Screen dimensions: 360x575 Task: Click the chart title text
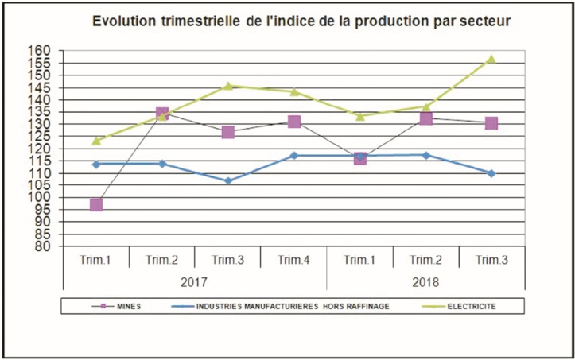tap(301, 21)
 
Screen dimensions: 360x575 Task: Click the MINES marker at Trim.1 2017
tap(96, 205)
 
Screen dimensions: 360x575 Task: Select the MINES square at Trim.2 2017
tap(162, 114)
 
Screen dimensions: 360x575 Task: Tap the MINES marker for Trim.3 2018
tap(491, 123)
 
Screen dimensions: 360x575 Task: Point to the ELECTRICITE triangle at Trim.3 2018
tap(491, 60)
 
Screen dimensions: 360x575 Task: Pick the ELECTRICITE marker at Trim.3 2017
tap(227, 86)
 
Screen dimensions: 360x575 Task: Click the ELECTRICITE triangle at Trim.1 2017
tap(96, 141)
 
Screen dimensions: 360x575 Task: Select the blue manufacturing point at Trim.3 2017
tap(228, 180)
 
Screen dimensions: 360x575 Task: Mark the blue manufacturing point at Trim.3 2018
tap(491, 173)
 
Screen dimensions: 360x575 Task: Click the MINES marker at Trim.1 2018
tap(360, 158)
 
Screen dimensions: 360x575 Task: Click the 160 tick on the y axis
tap(41, 51)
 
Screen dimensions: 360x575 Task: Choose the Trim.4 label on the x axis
tap(294, 260)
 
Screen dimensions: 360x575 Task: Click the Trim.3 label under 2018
tap(491, 260)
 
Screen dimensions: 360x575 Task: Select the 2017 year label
tap(195, 281)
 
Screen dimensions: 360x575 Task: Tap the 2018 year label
tap(425, 281)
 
